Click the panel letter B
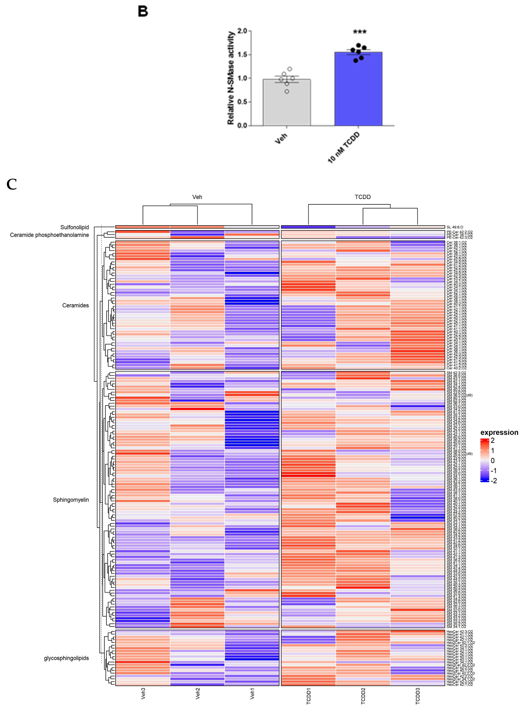tap(143, 12)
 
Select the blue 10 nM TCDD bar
tap(358, 89)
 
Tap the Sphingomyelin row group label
tap(71, 500)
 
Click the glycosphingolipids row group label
tap(67, 658)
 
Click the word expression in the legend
tap(499, 433)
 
